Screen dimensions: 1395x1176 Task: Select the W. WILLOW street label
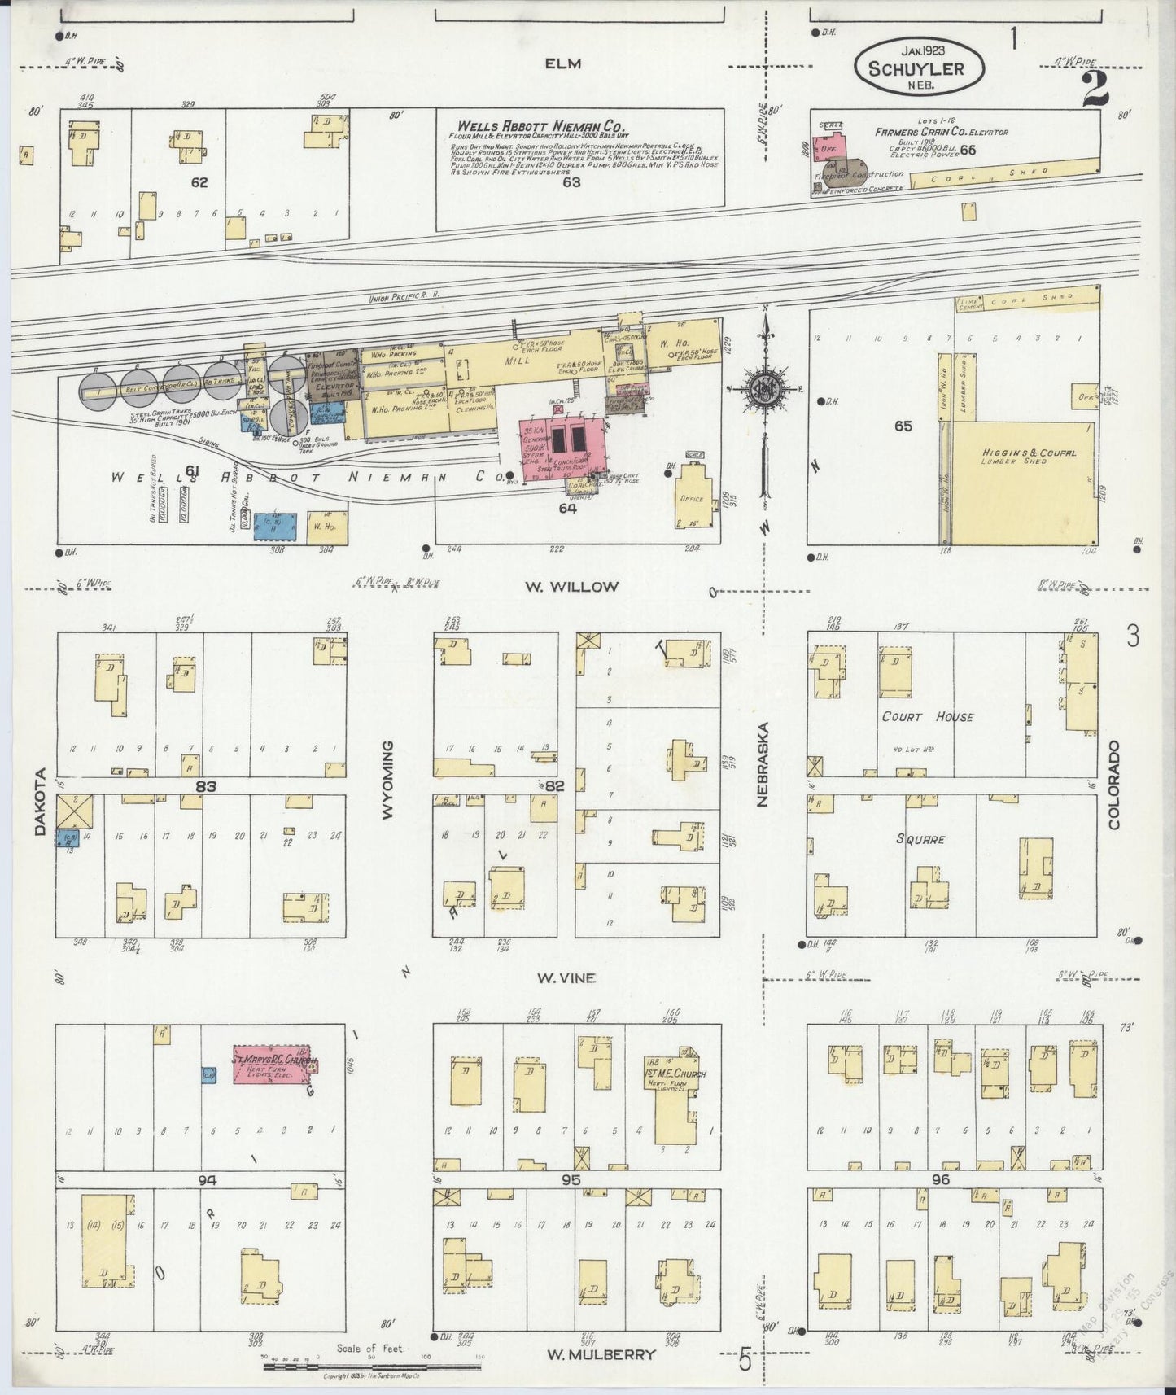click(582, 586)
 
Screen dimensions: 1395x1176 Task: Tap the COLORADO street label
click(1113, 785)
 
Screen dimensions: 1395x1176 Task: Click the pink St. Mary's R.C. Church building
click(272, 1064)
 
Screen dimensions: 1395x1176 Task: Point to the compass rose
click(765, 385)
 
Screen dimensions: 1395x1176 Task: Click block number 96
click(942, 1179)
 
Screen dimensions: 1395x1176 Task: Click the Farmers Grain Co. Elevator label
click(942, 132)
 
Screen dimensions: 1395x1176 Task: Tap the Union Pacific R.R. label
click(404, 298)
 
